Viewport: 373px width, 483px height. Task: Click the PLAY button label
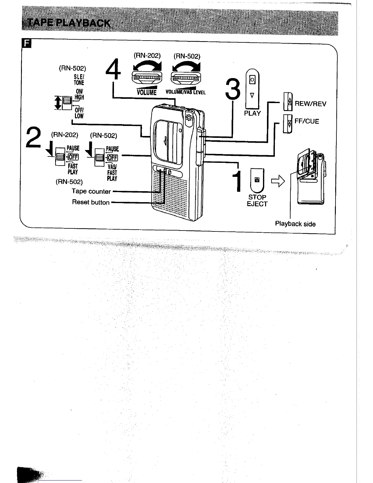[252, 113]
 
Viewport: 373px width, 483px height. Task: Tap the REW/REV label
[310, 104]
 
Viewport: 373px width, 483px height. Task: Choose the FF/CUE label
[307, 121]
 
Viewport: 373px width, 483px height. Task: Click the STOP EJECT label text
[257, 201]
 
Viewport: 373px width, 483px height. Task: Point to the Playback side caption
[295, 224]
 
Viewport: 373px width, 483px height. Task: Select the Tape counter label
[91, 191]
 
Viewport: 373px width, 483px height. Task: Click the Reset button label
[91, 202]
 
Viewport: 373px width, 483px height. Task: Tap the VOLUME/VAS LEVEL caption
[186, 92]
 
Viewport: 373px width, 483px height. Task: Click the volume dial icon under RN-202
[147, 78]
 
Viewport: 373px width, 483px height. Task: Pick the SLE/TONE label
[79, 80]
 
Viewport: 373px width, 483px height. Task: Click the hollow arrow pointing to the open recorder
[278, 182]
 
